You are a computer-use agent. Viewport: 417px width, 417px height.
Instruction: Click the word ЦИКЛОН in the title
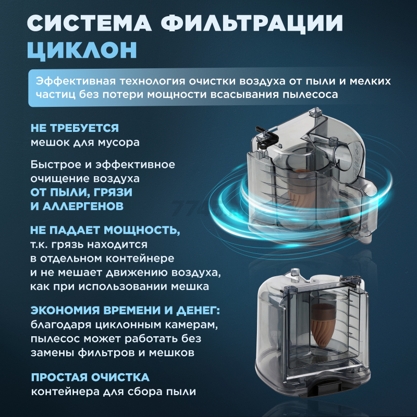(82, 50)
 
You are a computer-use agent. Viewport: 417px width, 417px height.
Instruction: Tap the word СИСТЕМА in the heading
(89, 23)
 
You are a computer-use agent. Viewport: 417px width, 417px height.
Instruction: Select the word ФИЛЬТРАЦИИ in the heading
(252, 24)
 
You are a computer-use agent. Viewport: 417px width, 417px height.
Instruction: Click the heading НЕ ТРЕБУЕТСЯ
(75, 128)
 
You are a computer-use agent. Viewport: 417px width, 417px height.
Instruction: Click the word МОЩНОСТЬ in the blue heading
(142, 230)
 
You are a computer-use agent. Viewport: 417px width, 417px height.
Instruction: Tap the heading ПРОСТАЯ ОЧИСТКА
(90, 377)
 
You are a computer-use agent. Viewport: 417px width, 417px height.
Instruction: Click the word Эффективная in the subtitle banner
(76, 81)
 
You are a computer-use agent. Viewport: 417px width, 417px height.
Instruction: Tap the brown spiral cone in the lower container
(324, 326)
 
